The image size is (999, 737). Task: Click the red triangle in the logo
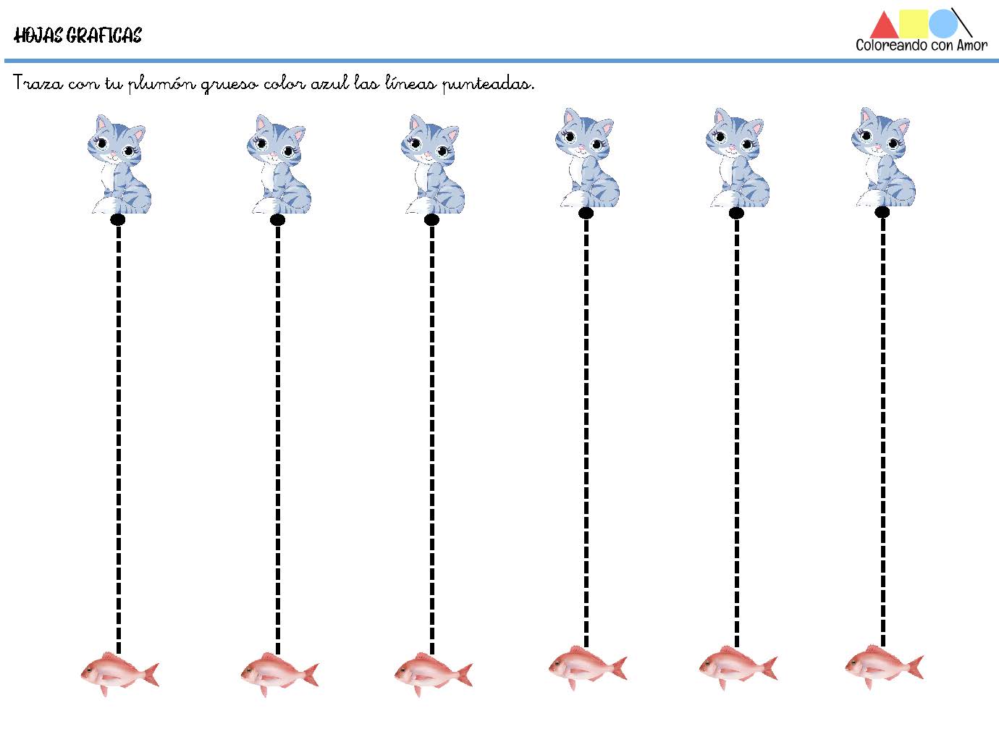pyautogui.click(x=885, y=28)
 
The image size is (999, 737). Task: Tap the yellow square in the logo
pyautogui.click(x=914, y=23)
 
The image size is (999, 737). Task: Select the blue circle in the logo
pyautogui.click(x=943, y=23)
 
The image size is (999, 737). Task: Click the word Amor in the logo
pyautogui.click(x=972, y=45)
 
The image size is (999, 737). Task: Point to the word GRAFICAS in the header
pyautogui.click(x=104, y=35)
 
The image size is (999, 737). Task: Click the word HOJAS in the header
pyautogui.click(x=39, y=35)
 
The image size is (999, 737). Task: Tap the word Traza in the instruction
pyautogui.click(x=38, y=83)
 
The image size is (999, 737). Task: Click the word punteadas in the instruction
pyautogui.click(x=489, y=84)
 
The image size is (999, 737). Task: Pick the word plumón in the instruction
pyautogui.click(x=162, y=84)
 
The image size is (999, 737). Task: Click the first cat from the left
pyautogui.click(x=119, y=164)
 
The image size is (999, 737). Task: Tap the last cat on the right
pyautogui.click(x=883, y=157)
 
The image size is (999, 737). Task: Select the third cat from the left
pyautogui.click(x=433, y=164)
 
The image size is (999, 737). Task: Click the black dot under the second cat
pyautogui.click(x=277, y=219)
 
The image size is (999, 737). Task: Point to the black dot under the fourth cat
pyautogui.click(x=586, y=214)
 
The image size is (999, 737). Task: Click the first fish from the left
pyautogui.click(x=119, y=673)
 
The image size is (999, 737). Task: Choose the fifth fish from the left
pyautogui.click(x=738, y=667)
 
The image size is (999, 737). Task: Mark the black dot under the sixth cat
pyautogui.click(x=882, y=212)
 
